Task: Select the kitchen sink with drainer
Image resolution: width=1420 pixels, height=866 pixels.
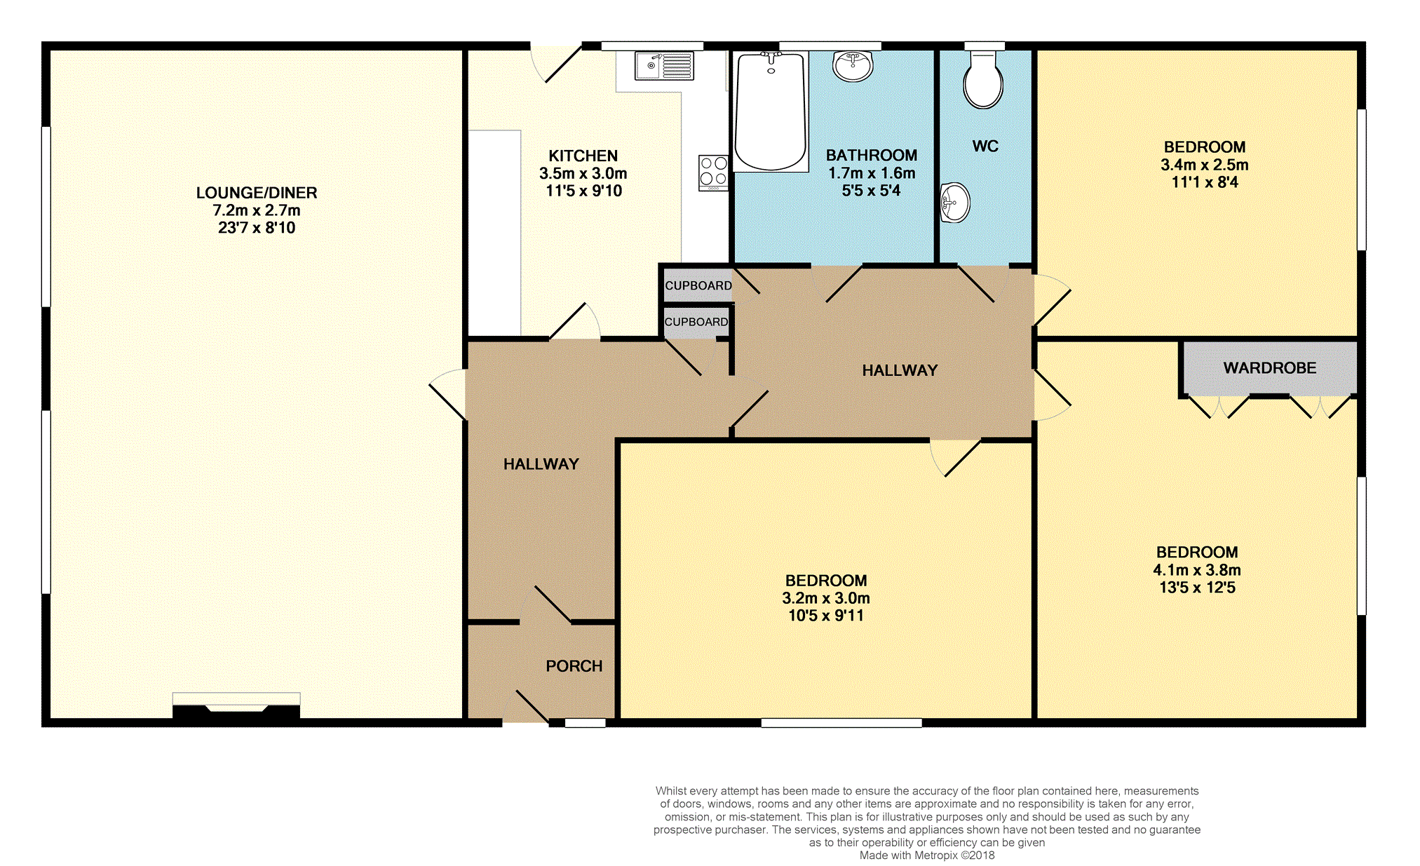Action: point(664,66)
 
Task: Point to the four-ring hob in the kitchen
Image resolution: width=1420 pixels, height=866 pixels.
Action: point(713,172)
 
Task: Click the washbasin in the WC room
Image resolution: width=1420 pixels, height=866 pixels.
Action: point(955,203)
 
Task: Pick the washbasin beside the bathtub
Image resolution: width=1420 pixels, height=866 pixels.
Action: point(853,67)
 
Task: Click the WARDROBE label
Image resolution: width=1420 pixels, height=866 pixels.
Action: point(1270,368)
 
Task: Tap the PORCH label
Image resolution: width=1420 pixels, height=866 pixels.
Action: point(574,666)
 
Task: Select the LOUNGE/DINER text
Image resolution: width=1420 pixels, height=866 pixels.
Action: point(257,193)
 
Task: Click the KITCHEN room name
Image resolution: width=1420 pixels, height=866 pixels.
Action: point(583,156)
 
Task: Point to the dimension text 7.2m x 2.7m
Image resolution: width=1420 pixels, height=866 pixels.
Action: point(257,210)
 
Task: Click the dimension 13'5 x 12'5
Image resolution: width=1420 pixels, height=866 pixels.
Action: point(1197,588)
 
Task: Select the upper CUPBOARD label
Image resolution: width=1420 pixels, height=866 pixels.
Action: point(698,286)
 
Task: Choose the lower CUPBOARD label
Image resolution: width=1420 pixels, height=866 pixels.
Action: point(696,322)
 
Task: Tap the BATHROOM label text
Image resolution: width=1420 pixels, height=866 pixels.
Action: point(872,156)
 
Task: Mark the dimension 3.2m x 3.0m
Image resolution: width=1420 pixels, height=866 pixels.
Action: point(826,598)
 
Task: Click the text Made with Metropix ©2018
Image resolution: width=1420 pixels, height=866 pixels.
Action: point(927,855)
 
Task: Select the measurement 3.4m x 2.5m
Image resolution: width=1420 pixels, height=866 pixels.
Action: point(1205,165)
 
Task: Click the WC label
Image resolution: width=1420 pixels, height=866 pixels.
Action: point(985,147)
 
